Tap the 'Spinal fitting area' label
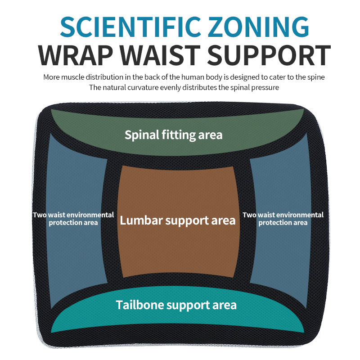pos(174,135)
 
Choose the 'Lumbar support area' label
pos(177,220)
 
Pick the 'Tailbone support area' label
pos(176,305)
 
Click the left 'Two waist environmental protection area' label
pos(73,218)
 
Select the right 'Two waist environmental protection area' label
pos(283,218)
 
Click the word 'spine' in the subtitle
pos(315,77)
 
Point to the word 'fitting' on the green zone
pos(178,135)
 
